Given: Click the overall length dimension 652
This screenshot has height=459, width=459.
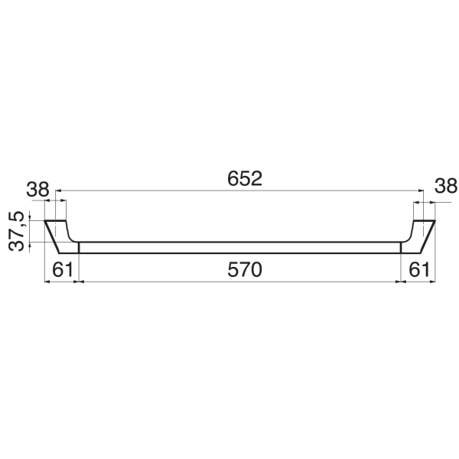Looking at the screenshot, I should click(245, 178).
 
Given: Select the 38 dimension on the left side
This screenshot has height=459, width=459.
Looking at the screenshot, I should click(37, 189).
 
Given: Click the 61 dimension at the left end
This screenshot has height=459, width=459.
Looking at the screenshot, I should click(62, 269).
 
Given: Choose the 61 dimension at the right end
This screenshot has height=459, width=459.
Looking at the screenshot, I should click(417, 269).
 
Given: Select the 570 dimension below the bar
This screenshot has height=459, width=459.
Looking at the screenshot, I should click(245, 269).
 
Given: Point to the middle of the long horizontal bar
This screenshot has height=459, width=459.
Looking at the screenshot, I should click(240, 247).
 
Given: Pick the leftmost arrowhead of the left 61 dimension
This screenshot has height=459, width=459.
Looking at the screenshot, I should click(48, 282).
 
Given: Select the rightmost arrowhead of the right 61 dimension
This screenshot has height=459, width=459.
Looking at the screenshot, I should click(429, 282).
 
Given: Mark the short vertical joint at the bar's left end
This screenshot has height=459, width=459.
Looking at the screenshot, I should click(80, 247).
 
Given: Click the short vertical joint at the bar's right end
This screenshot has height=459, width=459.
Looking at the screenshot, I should click(402, 247).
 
